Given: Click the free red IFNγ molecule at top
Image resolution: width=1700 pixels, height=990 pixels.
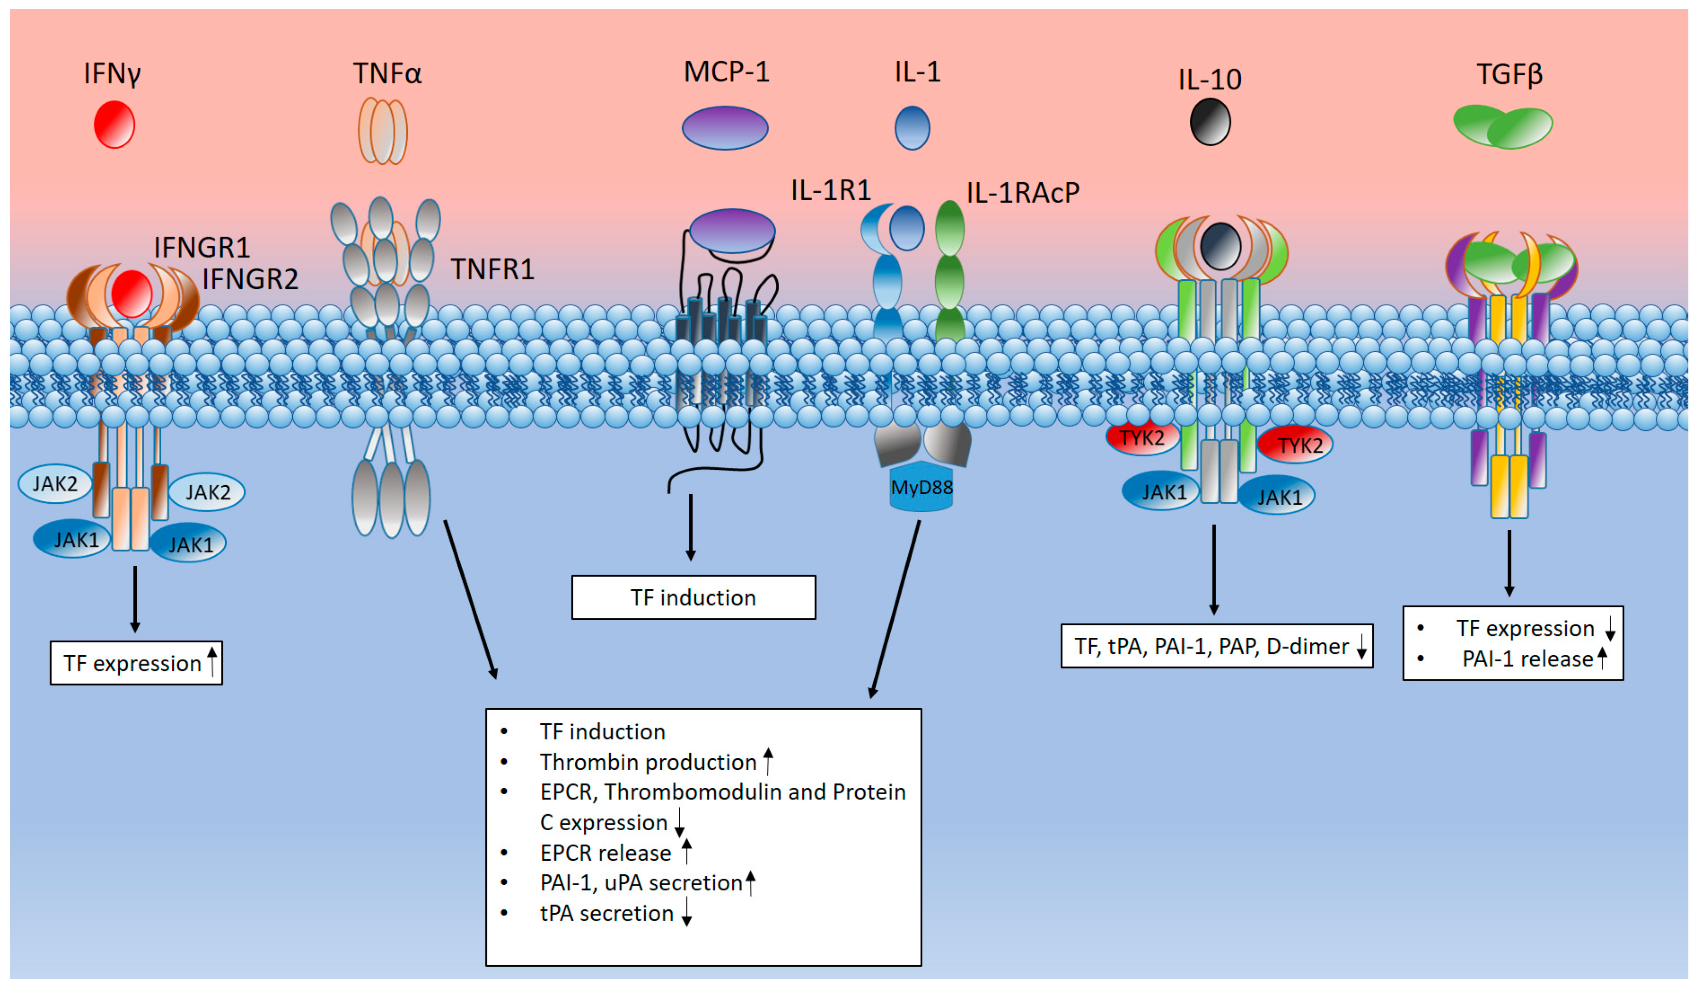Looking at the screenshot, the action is [114, 124].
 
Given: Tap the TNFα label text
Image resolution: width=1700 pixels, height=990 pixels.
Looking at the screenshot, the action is [387, 73].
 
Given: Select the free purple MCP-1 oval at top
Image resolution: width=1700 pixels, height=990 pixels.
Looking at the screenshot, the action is [725, 128].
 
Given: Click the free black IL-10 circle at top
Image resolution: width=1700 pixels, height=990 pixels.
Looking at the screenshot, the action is [1210, 121].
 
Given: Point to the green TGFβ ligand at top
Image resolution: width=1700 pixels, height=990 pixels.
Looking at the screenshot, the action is [1503, 126].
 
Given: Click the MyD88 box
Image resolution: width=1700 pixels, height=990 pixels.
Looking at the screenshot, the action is [921, 487].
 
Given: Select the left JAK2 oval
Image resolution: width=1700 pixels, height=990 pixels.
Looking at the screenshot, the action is [55, 484].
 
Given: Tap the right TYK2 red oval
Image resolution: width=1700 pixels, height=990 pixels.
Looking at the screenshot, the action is [1295, 445].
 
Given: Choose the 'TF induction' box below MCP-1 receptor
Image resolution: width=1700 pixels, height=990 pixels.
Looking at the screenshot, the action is [694, 597].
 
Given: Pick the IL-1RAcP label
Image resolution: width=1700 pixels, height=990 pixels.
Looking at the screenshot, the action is [1023, 193].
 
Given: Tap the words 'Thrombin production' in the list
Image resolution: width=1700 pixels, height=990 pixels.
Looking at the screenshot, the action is [648, 762].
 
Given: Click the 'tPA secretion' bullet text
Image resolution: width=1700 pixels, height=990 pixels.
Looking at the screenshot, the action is [606, 913].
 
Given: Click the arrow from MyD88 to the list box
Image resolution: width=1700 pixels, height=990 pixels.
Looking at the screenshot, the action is [895, 609].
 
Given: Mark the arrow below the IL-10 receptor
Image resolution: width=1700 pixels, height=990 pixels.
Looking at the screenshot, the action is [1214, 570].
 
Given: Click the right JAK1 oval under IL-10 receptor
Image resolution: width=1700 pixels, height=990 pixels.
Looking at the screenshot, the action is [1277, 496].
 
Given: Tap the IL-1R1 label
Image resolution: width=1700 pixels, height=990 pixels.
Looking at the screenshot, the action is [831, 190].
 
